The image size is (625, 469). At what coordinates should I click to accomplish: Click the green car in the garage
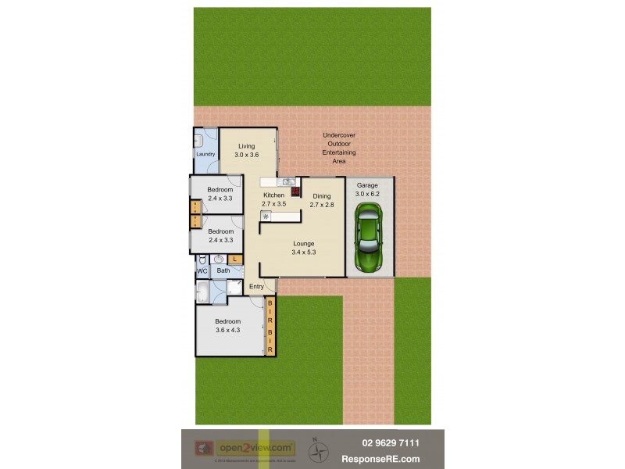[369, 234]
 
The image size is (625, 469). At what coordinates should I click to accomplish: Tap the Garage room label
[367, 185]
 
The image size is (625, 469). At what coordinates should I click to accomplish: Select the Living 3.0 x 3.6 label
[247, 151]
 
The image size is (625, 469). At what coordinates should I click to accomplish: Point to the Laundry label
[205, 154]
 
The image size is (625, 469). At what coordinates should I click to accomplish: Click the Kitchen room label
[273, 195]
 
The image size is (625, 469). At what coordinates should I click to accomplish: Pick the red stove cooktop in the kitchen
[295, 190]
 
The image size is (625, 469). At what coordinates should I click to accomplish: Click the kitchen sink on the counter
[287, 182]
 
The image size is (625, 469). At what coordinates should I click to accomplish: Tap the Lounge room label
[303, 244]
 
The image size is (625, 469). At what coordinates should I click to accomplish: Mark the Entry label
[256, 287]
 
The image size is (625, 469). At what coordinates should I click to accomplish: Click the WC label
[202, 271]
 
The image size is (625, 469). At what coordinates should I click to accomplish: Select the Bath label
[223, 271]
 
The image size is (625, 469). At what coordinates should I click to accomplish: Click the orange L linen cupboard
[234, 259]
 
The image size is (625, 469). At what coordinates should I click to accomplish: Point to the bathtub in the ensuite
[202, 293]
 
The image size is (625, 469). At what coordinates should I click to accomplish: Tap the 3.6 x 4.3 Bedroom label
[227, 326]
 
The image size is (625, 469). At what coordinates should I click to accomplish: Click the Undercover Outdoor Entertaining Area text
[339, 148]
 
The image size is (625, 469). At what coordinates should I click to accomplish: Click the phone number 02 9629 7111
[391, 443]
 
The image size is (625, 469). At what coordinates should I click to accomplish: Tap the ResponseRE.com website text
[391, 459]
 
